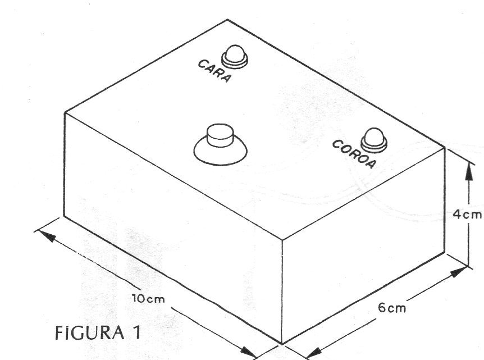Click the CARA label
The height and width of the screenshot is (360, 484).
coord(214,71)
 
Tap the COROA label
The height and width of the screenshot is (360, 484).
coord(354,154)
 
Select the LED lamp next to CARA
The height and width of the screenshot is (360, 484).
coord(235,57)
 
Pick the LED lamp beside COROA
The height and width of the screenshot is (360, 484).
coord(374,140)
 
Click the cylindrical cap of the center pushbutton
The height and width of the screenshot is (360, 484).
coord(220,135)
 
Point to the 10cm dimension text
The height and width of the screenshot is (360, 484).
coord(148,299)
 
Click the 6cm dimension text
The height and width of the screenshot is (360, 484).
coord(391,308)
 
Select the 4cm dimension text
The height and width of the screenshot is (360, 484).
coord(467,215)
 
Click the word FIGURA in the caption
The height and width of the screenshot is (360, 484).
coord(89,333)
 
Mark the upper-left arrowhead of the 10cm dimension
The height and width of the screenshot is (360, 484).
coord(46,235)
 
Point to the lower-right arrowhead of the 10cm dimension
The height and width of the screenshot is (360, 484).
coord(248,352)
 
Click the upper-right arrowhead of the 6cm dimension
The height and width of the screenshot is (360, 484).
coord(458,272)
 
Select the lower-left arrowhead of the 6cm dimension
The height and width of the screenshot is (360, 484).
coord(314,353)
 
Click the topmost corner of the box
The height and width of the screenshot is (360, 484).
coord(227,20)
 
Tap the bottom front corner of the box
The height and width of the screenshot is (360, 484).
coord(282,343)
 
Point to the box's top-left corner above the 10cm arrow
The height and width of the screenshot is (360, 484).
coord(65,113)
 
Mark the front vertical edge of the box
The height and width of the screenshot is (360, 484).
coord(282,291)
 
